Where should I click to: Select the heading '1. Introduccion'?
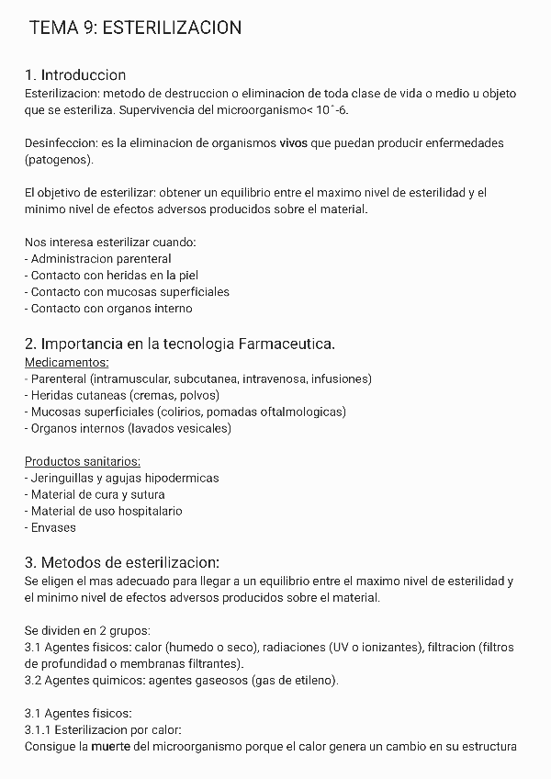tap(75, 74)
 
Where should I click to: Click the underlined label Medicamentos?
tap(66, 362)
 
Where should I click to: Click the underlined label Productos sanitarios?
tap(76, 461)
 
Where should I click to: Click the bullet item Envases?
tap(52, 527)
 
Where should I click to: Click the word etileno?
tap(311, 680)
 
